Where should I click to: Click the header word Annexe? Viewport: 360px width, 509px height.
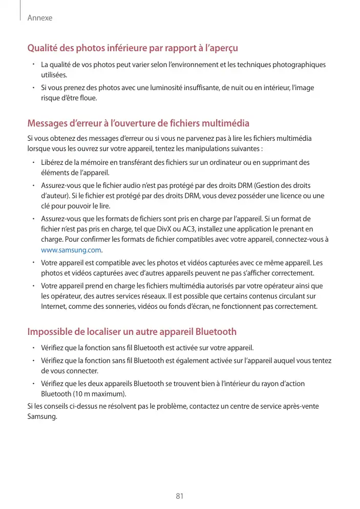pos(40,18)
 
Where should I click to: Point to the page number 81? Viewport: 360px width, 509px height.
pos(180,496)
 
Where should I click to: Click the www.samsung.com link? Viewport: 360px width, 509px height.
pos(71,250)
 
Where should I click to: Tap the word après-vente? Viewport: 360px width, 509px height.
pos(300,406)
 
